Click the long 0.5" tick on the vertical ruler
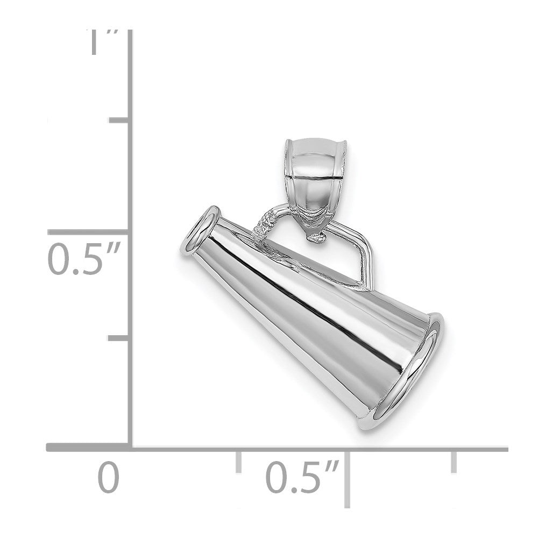(x=89, y=232)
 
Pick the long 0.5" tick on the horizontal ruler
(x=348, y=479)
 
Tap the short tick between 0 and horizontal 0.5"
(x=238, y=462)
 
